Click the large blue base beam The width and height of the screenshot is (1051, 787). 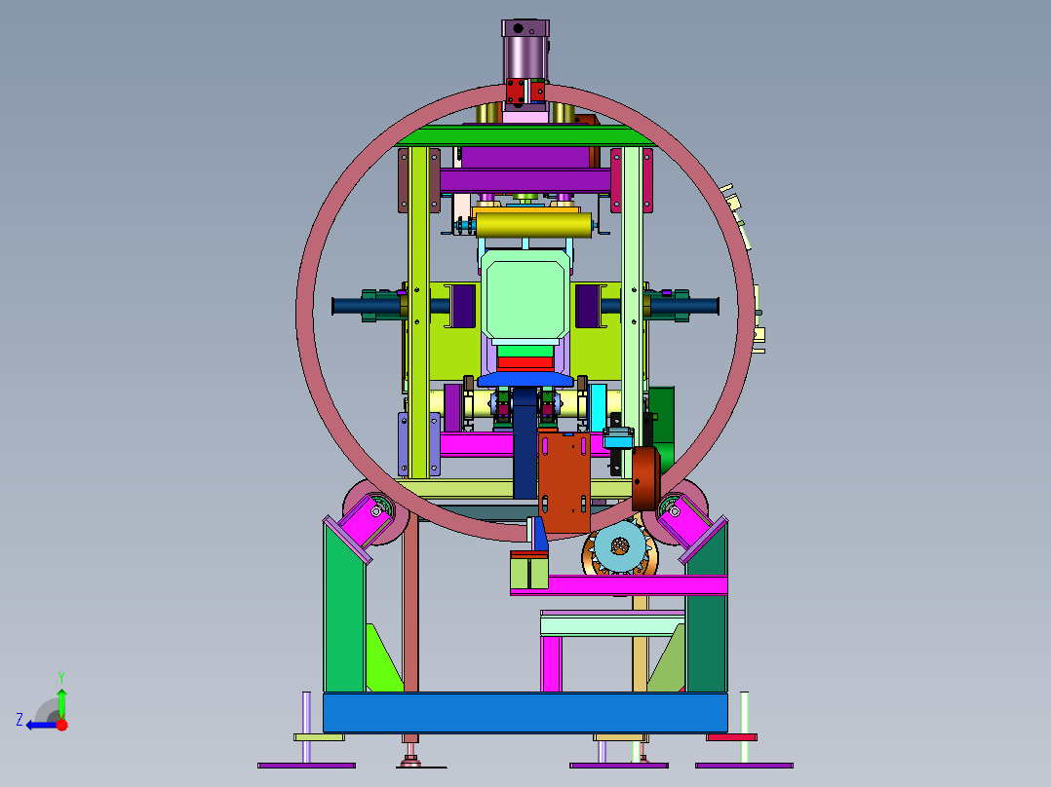coord(525,713)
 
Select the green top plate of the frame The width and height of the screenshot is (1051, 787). coord(525,136)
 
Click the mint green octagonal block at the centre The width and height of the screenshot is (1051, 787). coord(525,299)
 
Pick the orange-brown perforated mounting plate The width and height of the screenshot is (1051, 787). coord(564,482)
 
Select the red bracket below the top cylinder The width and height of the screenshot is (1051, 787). coord(525,92)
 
